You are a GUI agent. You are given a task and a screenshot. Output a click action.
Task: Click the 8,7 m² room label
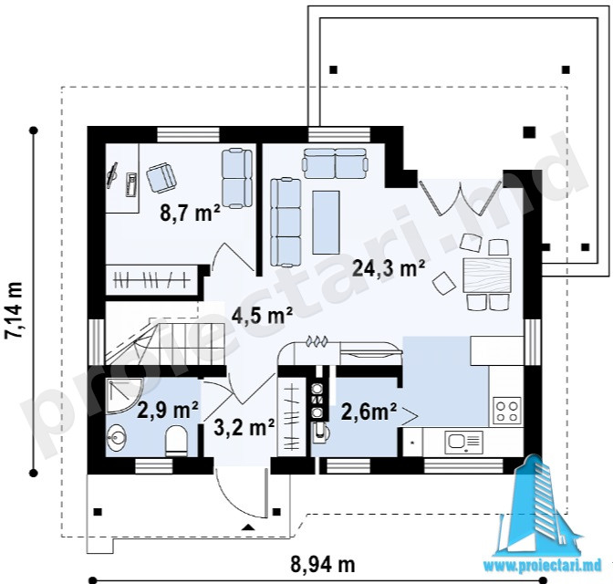(190, 214)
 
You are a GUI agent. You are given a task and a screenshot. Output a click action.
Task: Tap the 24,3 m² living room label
(389, 268)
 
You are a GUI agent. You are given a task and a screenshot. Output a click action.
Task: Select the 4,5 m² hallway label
(263, 315)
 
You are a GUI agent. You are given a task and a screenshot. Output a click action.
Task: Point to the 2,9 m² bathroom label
(168, 410)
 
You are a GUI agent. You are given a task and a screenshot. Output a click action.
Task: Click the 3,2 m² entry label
(244, 428)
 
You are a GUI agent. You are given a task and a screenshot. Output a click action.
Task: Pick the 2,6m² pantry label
(369, 412)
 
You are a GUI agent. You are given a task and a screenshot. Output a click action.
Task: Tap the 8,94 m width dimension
(323, 564)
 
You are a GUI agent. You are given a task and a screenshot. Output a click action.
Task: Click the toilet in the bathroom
(176, 441)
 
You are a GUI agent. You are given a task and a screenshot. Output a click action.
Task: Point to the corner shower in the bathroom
(124, 396)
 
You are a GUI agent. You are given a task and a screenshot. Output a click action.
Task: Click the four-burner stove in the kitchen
(507, 411)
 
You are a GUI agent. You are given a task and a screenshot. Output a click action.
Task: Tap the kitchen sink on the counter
(463, 442)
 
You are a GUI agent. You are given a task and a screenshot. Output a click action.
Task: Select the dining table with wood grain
(487, 276)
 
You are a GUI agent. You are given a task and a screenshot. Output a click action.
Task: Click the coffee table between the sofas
(326, 222)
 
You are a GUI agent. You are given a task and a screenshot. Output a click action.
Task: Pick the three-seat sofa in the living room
(286, 222)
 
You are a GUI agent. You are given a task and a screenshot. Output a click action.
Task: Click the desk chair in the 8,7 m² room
(162, 178)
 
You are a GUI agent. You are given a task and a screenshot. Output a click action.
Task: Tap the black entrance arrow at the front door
(248, 527)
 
